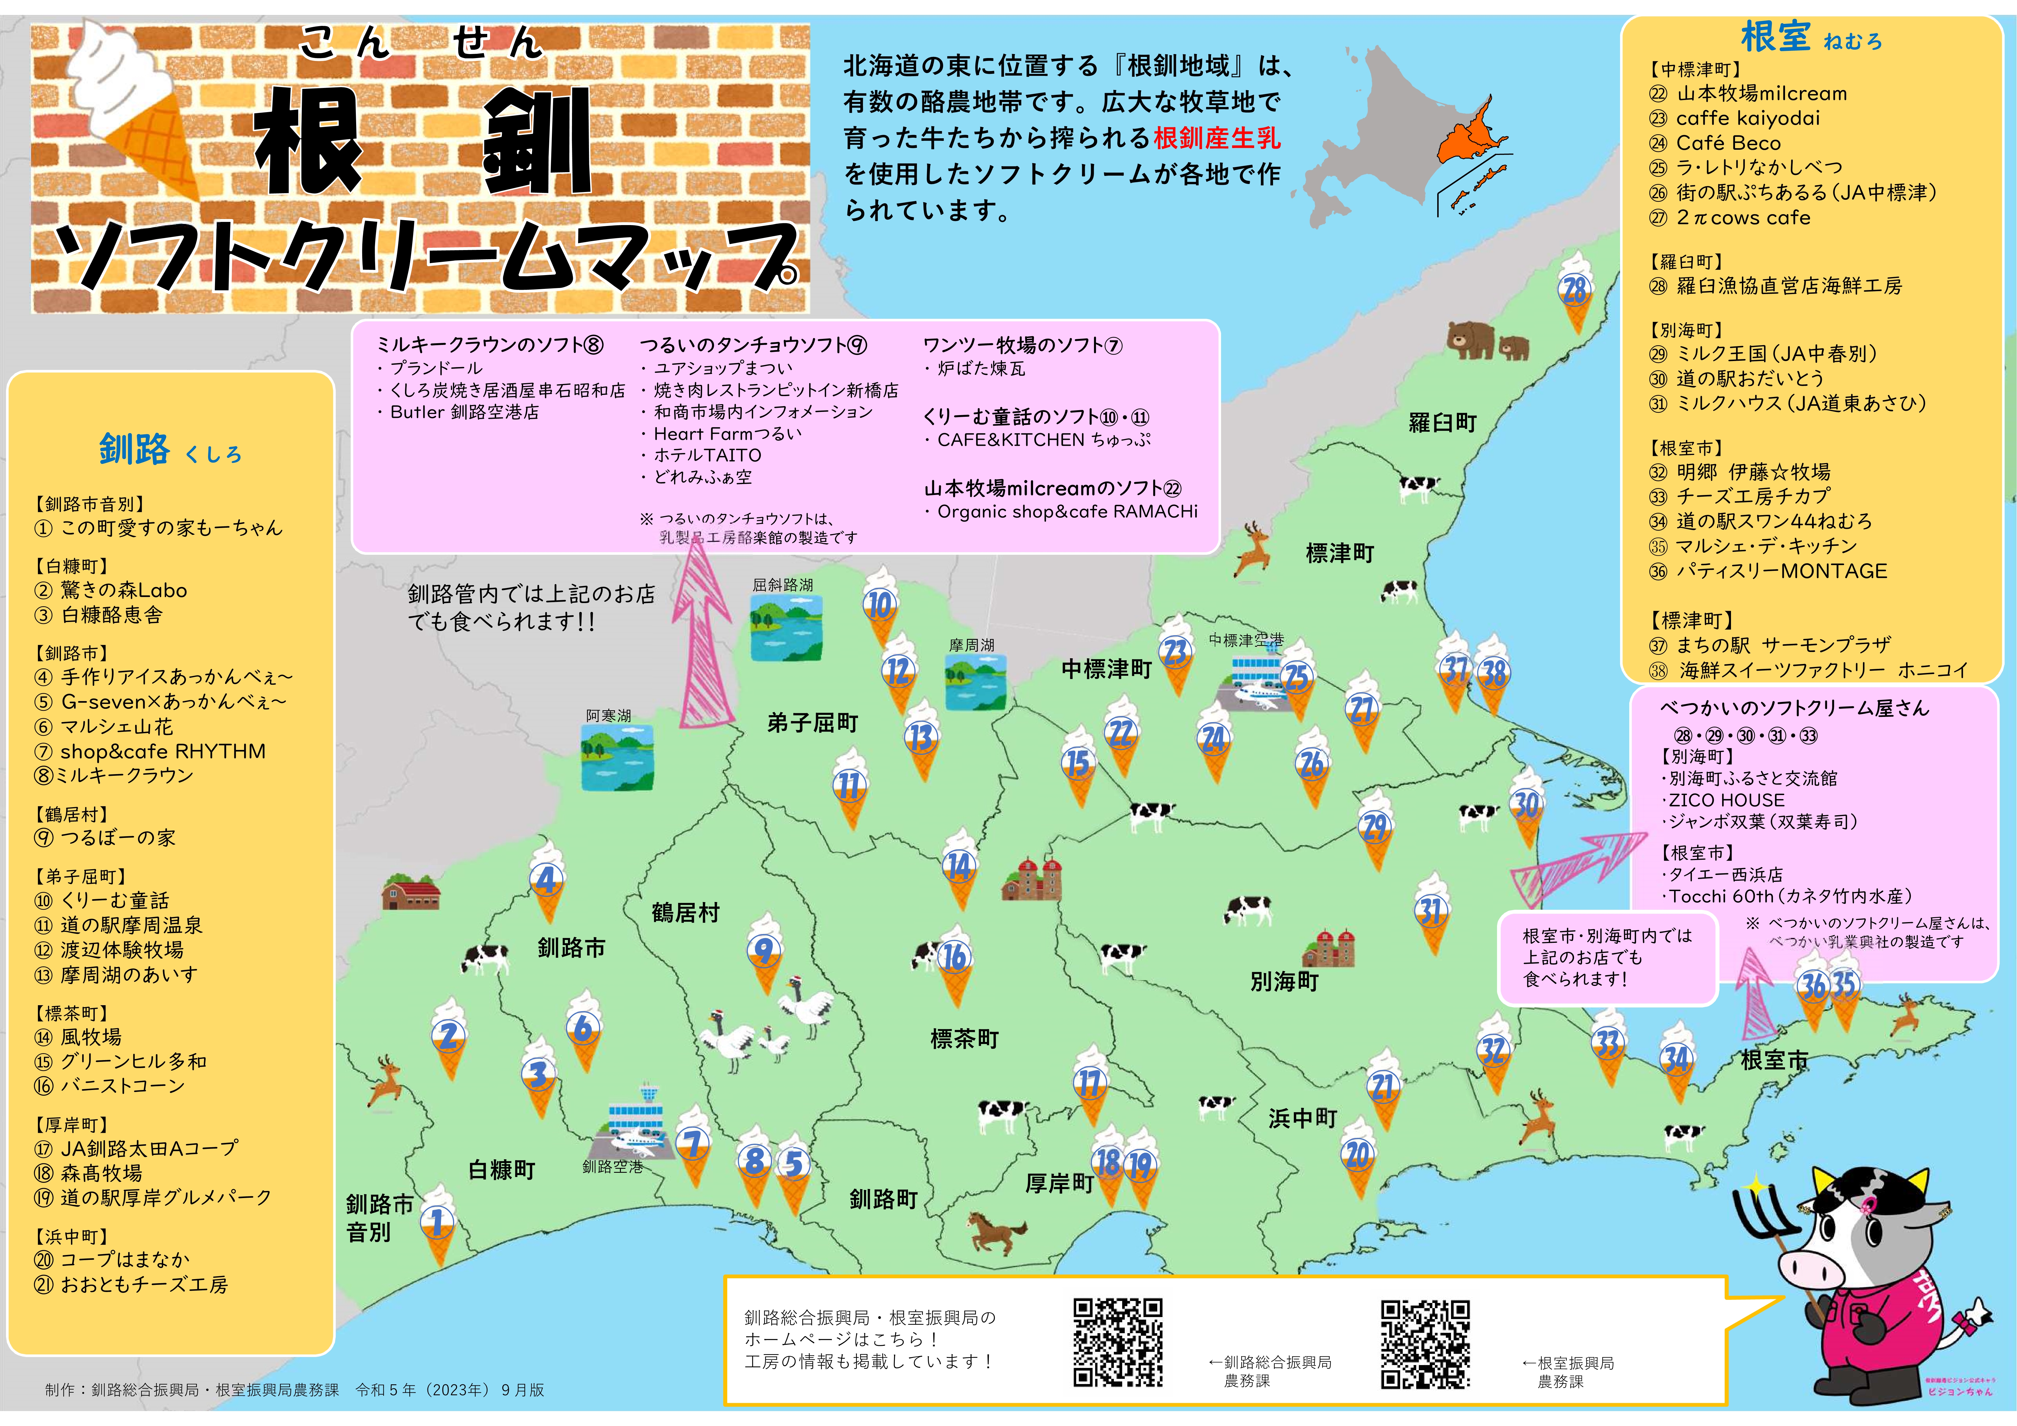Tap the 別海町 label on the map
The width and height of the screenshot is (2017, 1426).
click(1284, 981)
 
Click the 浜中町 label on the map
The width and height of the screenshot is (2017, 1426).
click(1302, 1118)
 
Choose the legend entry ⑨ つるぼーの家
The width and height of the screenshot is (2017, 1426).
click(105, 837)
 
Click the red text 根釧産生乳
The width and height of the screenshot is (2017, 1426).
click(1217, 138)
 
